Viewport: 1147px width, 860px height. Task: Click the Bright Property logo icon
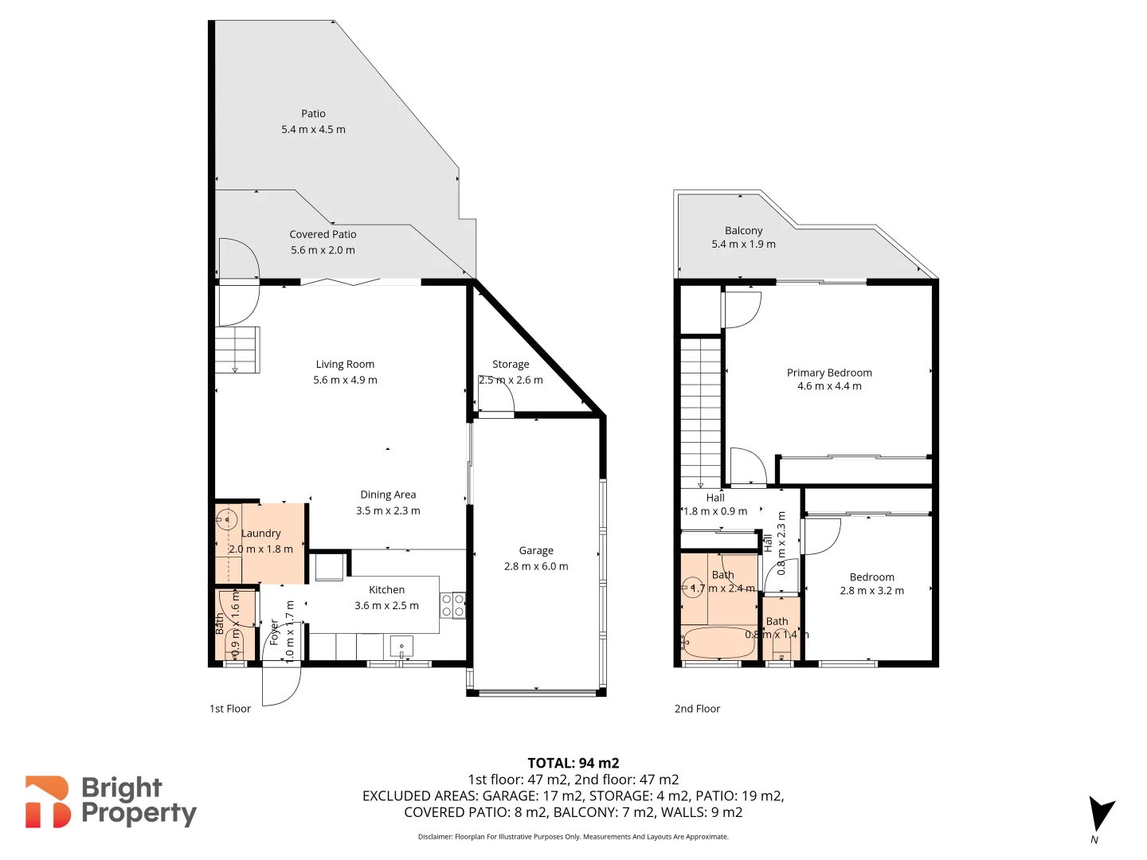point(48,802)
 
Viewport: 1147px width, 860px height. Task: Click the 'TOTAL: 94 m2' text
point(573,763)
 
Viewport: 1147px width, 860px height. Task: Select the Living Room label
point(345,365)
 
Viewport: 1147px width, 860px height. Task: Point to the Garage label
point(536,551)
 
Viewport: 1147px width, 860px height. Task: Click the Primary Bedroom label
point(829,373)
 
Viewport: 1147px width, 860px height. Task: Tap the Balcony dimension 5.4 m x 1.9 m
point(743,244)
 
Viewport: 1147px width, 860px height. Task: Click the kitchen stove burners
point(452,605)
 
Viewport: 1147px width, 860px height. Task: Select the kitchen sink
point(401,646)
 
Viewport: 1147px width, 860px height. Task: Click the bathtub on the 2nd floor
point(718,643)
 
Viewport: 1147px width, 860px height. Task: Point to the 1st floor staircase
point(237,350)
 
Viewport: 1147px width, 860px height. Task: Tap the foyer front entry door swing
point(281,685)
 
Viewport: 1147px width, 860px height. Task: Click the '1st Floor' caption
point(230,709)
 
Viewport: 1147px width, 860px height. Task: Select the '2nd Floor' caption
point(697,709)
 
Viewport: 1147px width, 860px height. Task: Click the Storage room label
point(511,365)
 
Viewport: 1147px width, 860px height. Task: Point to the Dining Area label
point(388,495)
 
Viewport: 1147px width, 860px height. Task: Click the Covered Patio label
point(323,235)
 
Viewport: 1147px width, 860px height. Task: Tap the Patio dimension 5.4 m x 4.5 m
point(313,130)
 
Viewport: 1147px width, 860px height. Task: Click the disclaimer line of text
point(573,837)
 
